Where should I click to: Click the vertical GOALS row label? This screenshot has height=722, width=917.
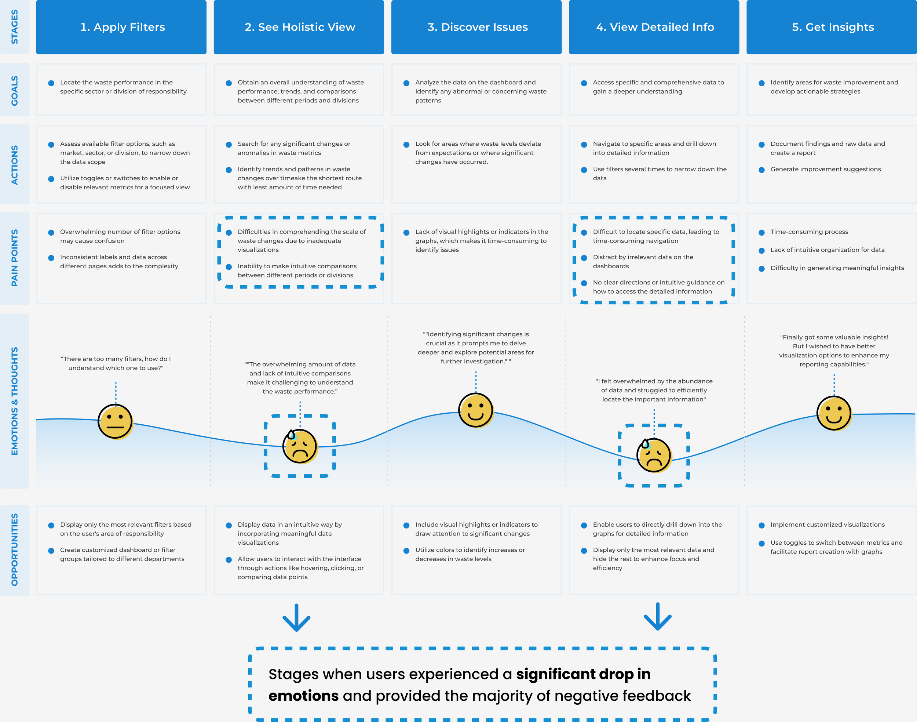[15, 90]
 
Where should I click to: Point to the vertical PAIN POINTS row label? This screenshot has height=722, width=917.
[15, 258]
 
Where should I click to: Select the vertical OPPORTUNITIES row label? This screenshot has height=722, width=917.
[15, 549]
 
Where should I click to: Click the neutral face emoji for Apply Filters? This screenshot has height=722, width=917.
[115, 421]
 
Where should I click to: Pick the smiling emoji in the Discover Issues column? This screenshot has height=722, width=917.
[476, 410]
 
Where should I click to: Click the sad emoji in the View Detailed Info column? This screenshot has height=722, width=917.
[654, 455]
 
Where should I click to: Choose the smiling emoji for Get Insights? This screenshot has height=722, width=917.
[834, 413]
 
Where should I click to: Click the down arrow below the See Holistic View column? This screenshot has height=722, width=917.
[296, 618]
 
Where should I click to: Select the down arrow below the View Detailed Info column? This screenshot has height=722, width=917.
[658, 617]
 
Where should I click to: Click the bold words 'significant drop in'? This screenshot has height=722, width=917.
[583, 674]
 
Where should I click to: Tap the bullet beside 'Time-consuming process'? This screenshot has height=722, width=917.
[761, 232]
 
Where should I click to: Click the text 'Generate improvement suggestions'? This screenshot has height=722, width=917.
[825, 169]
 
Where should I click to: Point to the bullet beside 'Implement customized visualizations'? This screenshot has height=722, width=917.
[761, 525]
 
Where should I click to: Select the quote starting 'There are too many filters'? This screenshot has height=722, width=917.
[116, 363]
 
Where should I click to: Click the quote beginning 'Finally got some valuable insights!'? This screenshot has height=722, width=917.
[834, 351]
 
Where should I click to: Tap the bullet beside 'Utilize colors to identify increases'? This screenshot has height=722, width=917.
[406, 550]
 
